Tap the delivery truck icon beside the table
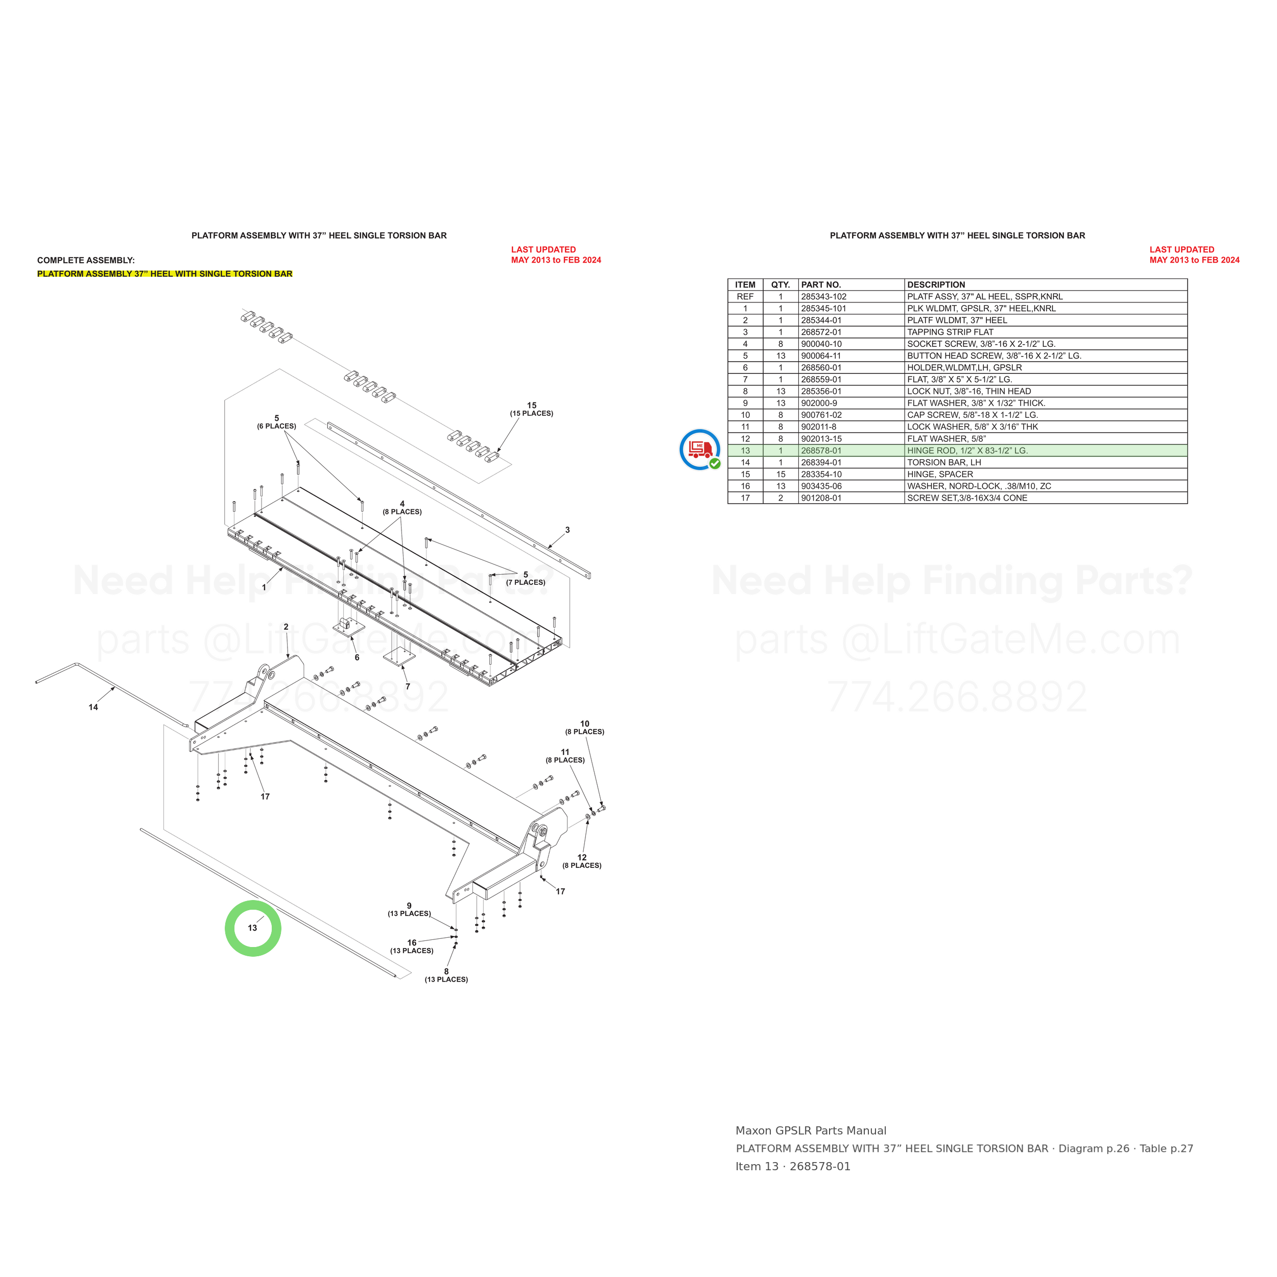click(700, 450)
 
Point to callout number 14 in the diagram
click(93, 707)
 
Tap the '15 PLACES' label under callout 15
click(531, 414)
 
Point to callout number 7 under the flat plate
click(408, 687)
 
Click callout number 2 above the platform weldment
click(286, 627)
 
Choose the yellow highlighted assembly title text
click(164, 274)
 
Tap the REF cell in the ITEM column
click(745, 297)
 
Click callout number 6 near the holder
click(357, 658)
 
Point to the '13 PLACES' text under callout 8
click(446, 980)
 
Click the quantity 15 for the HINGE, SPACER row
click(781, 475)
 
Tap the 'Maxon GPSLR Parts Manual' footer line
click(811, 1131)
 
